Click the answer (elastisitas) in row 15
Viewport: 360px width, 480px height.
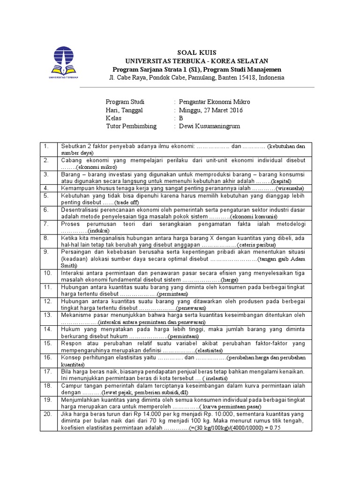pos(209,350)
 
